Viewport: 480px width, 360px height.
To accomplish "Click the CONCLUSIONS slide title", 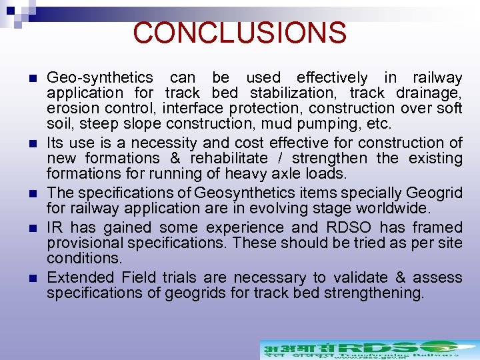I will click(x=239, y=32).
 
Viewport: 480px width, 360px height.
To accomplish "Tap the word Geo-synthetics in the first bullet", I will click(x=99, y=78).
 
